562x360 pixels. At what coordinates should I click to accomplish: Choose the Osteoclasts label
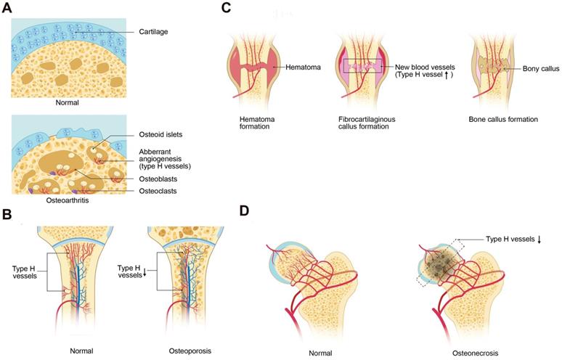pyautogui.click(x=158, y=191)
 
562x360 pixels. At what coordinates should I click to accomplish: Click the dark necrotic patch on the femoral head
pyautogui.click(x=439, y=265)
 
